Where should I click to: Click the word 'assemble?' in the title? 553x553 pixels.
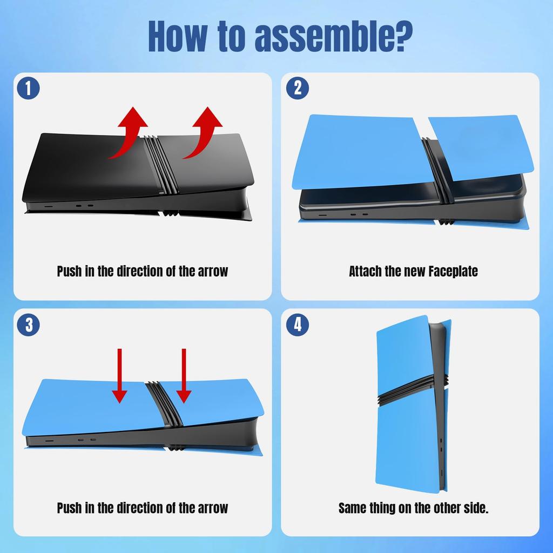pos(333,36)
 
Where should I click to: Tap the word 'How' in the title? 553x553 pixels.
pos(177,36)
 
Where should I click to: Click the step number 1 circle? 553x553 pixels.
pos(28,88)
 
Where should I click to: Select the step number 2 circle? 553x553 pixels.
pos(298,88)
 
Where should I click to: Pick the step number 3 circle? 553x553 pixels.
pos(28,325)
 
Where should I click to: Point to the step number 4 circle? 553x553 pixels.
pos(298,325)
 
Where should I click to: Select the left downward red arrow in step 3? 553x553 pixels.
pos(119,376)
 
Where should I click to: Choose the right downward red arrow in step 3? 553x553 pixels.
pos(184,376)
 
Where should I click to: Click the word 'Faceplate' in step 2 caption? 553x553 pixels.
pos(453,271)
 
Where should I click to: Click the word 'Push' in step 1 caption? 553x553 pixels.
pos(70,271)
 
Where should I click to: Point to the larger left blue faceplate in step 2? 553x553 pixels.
pos(361,152)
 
